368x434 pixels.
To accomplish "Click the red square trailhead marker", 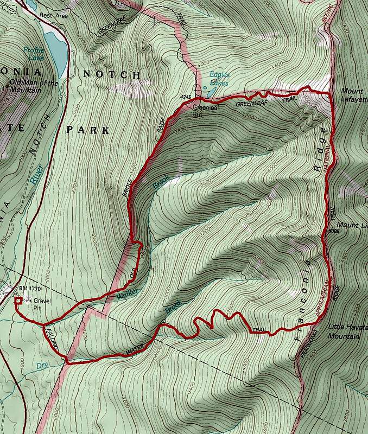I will pyautogui.click(x=17, y=300).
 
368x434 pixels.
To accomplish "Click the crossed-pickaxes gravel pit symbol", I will pyautogui.click(x=27, y=299).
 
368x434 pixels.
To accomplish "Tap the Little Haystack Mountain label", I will pyautogui.click(x=347, y=331).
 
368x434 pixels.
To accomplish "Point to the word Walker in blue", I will pyautogui.click(x=125, y=293).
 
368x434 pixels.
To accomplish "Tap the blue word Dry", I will pyautogui.click(x=42, y=366).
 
